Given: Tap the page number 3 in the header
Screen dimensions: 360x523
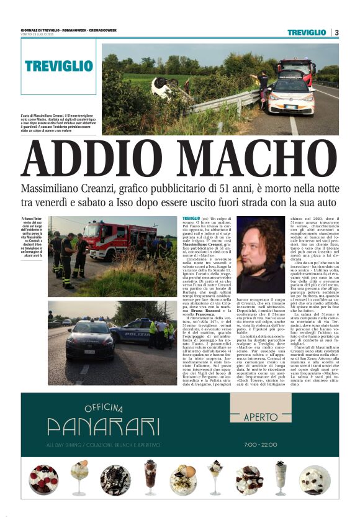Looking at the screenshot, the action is (x=336, y=32).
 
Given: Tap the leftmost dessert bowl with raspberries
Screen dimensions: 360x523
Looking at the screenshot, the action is (x=42, y=479).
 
